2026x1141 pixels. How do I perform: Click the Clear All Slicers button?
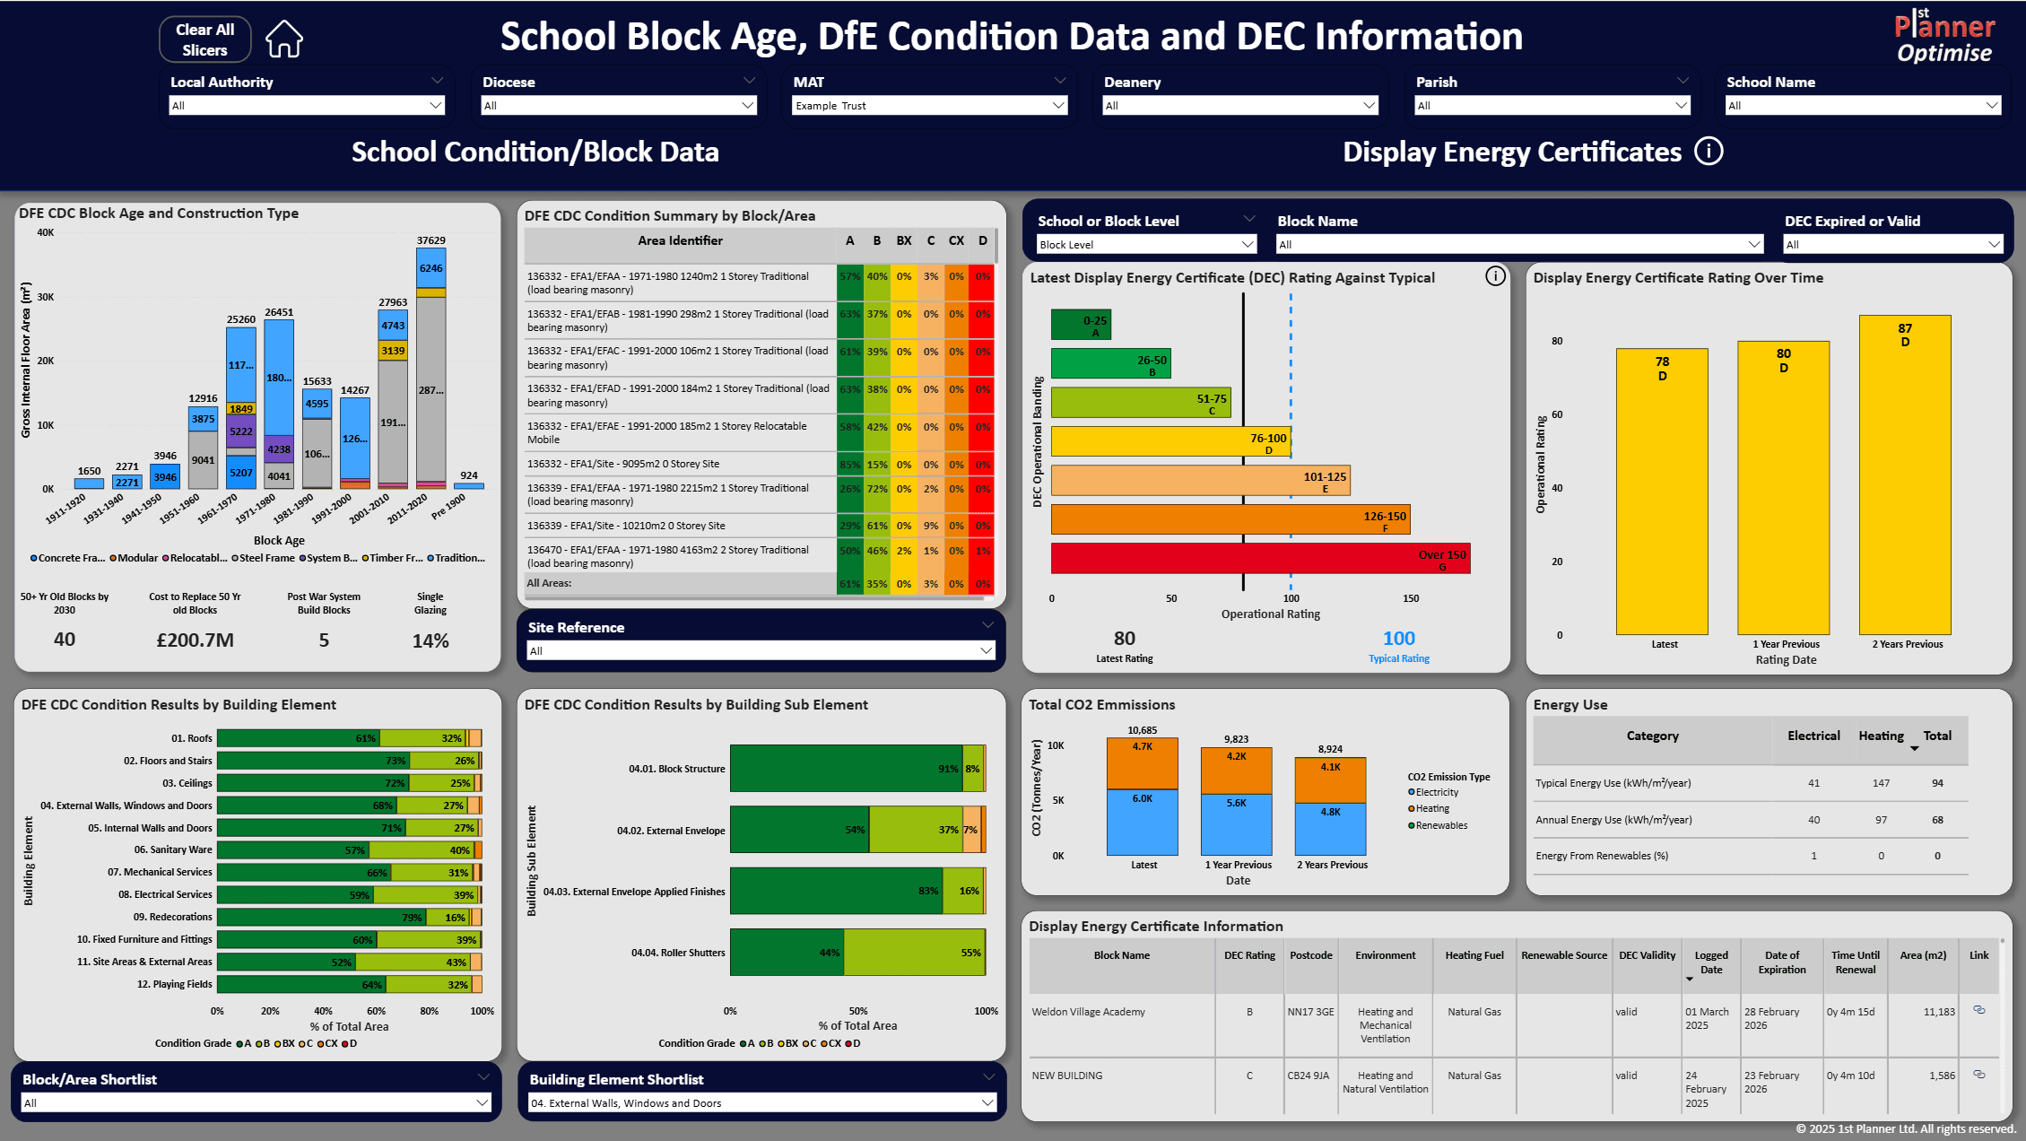pyautogui.click(x=204, y=39)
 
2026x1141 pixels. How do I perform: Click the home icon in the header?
pyautogui.click(x=284, y=39)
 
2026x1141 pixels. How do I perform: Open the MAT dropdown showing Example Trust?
pyautogui.click(x=929, y=106)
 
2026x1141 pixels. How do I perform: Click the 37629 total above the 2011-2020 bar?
pyautogui.click(x=430, y=240)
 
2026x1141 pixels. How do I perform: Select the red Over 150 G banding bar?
pyautogui.click(x=1259, y=558)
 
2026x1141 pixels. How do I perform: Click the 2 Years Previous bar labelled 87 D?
pyautogui.click(x=1904, y=475)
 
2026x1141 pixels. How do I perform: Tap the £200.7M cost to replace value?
pyautogui.click(x=195, y=640)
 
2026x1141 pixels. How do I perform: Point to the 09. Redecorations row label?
pyautogui.click(x=172, y=917)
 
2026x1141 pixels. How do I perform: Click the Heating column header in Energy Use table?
pyautogui.click(x=1880, y=736)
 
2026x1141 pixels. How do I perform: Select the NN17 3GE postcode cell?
pyautogui.click(x=1310, y=1012)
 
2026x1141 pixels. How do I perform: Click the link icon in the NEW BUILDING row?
pyautogui.click(x=1978, y=1075)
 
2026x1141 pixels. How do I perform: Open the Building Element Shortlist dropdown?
pyautogui.click(x=761, y=1103)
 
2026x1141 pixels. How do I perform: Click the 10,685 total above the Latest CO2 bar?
pyautogui.click(x=1142, y=730)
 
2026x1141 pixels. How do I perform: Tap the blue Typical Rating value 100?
pyautogui.click(x=1398, y=639)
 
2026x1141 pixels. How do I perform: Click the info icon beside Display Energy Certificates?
pyautogui.click(x=1708, y=152)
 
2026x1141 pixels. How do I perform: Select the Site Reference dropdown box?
pyautogui.click(x=761, y=651)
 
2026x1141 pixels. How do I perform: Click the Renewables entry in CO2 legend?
pyautogui.click(x=1440, y=825)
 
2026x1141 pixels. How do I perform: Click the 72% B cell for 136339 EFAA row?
pyautogui.click(x=876, y=490)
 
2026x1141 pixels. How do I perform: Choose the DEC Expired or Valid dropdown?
pyautogui.click(x=1892, y=245)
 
